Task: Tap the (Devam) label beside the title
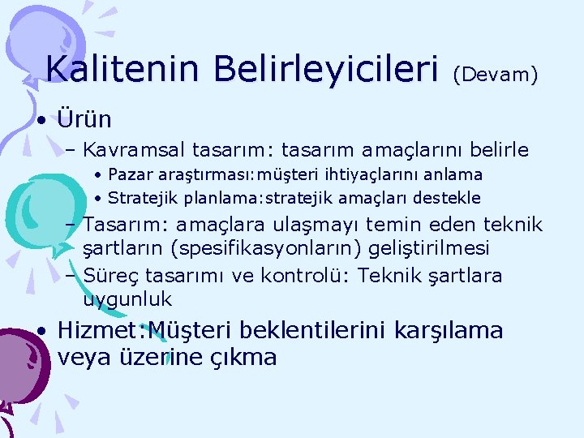tap(495, 75)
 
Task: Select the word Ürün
tap(85, 120)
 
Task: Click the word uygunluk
tap(127, 299)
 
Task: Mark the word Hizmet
tap(89, 331)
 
